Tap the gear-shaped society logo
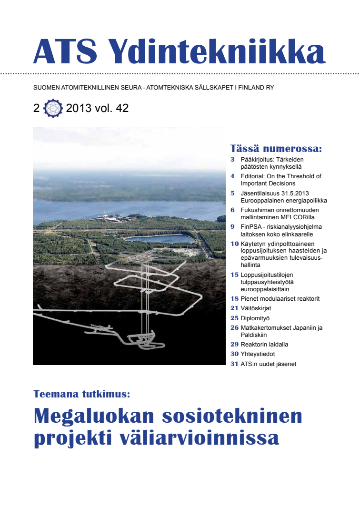point(52,109)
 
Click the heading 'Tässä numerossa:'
point(276,148)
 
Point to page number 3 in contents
point(232,159)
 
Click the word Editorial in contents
point(252,176)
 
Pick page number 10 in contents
point(234,244)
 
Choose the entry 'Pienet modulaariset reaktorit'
point(280,299)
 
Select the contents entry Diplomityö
point(255,318)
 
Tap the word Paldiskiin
point(256,335)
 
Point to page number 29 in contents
point(234,344)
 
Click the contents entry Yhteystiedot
point(258,354)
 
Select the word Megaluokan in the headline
point(93,416)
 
